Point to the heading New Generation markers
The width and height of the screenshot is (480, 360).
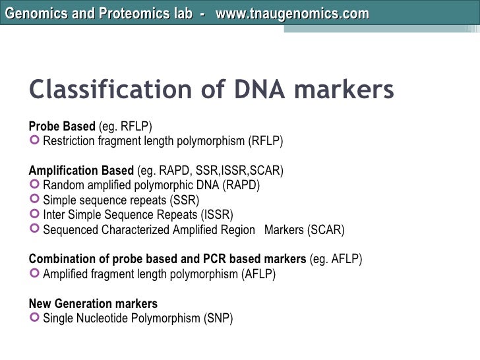pyautogui.click(x=93, y=304)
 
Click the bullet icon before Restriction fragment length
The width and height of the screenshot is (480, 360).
pyautogui.click(x=35, y=141)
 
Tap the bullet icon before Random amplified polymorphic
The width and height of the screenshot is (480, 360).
pyautogui.click(x=35, y=185)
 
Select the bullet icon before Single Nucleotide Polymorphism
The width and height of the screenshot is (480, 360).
pyautogui.click(x=35, y=319)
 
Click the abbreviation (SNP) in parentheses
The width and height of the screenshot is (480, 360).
pyautogui.click(x=220, y=319)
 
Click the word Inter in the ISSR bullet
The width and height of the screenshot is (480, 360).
pyautogui.click(x=53, y=215)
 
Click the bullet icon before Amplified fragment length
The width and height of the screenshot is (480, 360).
pyautogui.click(x=35, y=274)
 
